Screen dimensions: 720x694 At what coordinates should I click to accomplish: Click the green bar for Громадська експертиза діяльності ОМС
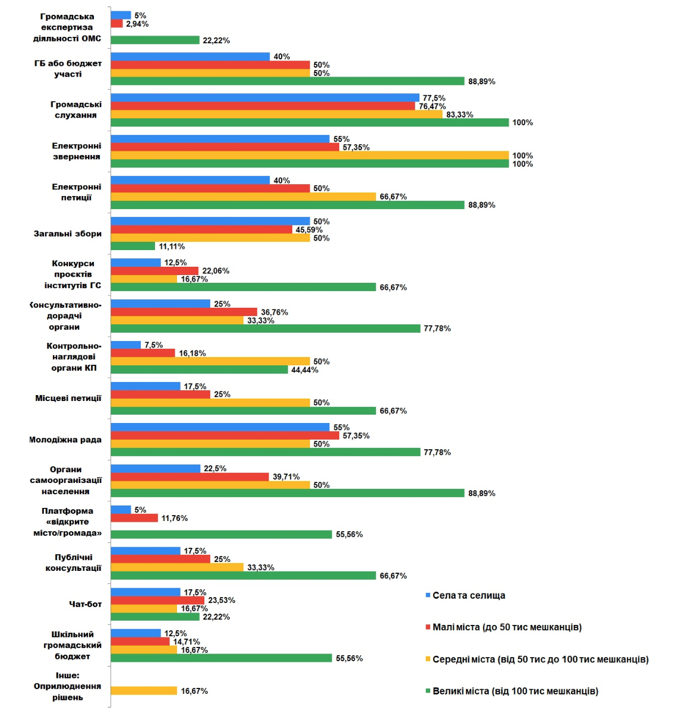pos(155,40)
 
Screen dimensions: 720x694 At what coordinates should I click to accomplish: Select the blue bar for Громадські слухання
pos(265,98)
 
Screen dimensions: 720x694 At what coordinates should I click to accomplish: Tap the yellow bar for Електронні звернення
pos(310,156)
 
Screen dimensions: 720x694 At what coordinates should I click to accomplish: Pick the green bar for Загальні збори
pos(133,246)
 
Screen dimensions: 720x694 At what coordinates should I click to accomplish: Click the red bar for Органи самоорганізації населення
pos(190,477)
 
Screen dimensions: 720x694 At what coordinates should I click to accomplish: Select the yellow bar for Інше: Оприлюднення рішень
pos(144,691)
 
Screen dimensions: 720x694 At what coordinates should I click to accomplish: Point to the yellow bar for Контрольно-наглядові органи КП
pos(210,362)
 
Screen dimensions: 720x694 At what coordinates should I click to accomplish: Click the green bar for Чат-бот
pos(155,617)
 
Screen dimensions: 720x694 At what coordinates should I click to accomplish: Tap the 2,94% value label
pos(137,24)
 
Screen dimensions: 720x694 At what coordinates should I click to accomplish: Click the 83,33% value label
pos(460,115)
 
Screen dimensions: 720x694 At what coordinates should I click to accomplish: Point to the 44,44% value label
pos(305,370)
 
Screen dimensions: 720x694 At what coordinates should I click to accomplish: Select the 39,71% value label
pos(286,477)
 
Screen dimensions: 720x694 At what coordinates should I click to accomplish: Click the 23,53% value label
pos(222,601)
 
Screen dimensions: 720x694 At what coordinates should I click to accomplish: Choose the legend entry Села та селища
pos(469,595)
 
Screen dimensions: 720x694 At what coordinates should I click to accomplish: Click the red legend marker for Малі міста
pos(428,627)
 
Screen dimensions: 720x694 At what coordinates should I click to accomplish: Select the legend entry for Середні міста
pos(540,659)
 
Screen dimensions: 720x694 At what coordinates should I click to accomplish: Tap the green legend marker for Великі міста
pos(428,691)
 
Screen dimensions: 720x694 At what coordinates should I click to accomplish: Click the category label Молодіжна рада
pos(65,440)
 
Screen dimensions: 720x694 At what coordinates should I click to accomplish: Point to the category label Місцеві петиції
pos(68,398)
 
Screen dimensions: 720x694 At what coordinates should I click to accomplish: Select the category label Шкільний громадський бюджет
pos(72,645)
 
